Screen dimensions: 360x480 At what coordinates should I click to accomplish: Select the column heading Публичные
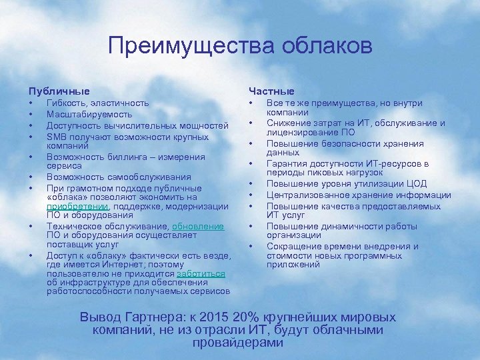59,90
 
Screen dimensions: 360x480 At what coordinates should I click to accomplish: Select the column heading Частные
271,90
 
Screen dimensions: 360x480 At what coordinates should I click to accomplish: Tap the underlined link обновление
200,227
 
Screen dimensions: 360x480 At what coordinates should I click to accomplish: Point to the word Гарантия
287,163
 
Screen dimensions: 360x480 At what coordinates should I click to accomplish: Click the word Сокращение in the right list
293,247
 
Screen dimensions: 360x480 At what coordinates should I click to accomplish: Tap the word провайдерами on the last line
238,343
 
